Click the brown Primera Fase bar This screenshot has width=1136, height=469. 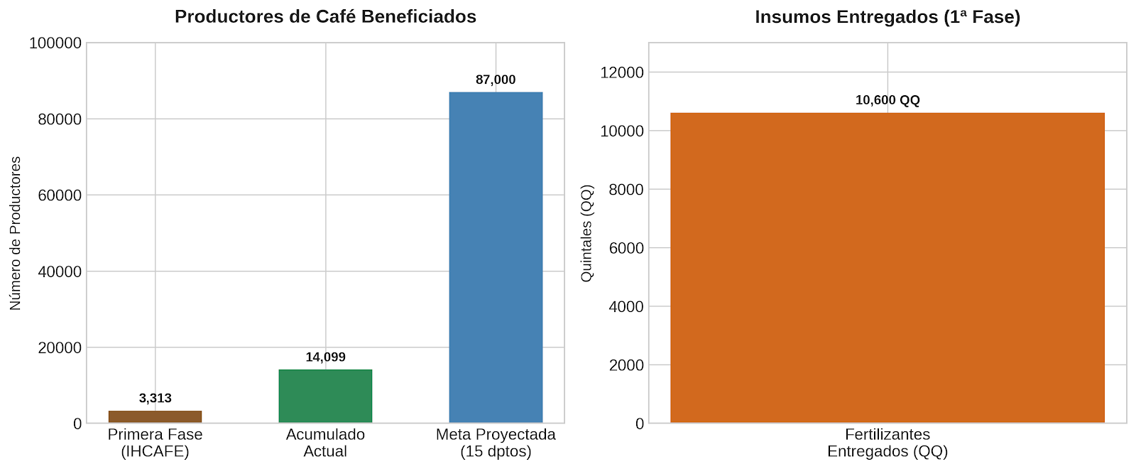[155, 416]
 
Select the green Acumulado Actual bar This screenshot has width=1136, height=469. [326, 396]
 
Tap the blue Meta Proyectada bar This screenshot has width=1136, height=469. [496, 257]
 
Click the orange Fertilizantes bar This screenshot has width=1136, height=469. [887, 267]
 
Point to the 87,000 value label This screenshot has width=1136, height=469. [496, 80]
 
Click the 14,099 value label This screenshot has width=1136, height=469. [326, 357]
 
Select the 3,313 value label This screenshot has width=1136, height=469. [155, 398]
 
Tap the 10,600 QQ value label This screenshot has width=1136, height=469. [887, 100]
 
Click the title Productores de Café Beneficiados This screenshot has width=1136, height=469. [326, 16]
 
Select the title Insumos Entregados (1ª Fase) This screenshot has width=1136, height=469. [887, 17]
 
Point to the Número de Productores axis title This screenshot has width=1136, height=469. [15, 233]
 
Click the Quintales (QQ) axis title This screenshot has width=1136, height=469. [586, 233]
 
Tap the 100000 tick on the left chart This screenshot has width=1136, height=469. [55, 43]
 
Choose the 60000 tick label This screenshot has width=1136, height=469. [60, 195]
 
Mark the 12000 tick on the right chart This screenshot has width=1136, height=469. [622, 72]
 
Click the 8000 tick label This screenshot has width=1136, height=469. [626, 190]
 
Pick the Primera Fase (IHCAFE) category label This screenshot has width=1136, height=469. [155, 443]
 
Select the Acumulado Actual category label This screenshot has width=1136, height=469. [326, 443]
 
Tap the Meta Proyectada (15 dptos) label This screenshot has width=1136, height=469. [496, 443]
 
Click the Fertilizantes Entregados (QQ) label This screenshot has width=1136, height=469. [887, 443]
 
